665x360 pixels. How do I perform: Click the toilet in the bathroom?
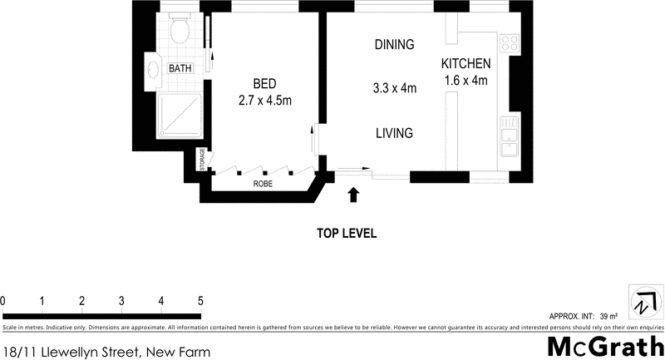tap(179, 30)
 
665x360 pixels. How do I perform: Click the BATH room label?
tap(180, 69)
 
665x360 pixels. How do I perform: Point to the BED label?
tap(264, 83)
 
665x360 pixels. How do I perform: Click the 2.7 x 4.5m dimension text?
tap(264, 100)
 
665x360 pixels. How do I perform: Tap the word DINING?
tap(394, 45)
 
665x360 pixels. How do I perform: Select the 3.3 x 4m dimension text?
tap(394, 87)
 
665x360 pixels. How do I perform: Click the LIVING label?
tap(394, 133)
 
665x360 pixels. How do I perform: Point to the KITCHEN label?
tap(465, 64)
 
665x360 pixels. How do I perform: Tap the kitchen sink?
tap(508, 136)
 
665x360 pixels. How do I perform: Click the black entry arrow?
tap(353, 195)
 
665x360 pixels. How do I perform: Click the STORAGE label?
tap(201, 160)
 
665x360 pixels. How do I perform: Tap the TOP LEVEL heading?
tap(347, 234)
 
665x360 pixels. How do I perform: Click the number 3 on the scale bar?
tap(121, 300)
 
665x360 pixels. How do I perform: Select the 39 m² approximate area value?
tap(609, 316)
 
